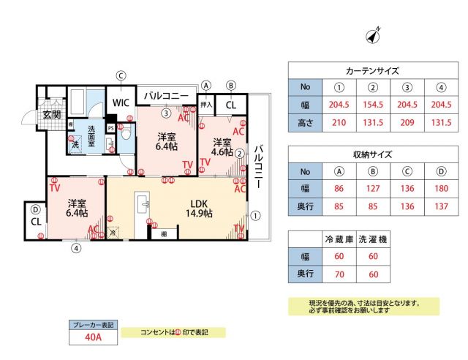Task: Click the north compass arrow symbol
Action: pyautogui.click(x=376, y=35)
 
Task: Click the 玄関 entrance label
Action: pyautogui.click(x=51, y=114)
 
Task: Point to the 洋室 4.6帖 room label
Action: pyautogui.click(x=222, y=147)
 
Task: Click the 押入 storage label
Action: pyautogui.click(x=206, y=105)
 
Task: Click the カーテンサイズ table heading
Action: pyautogui.click(x=372, y=71)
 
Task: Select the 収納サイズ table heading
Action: pyautogui.click(x=372, y=154)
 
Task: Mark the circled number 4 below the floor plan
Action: pyautogui.click(x=75, y=247)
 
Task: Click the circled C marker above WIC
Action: pyautogui.click(x=121, y=74)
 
